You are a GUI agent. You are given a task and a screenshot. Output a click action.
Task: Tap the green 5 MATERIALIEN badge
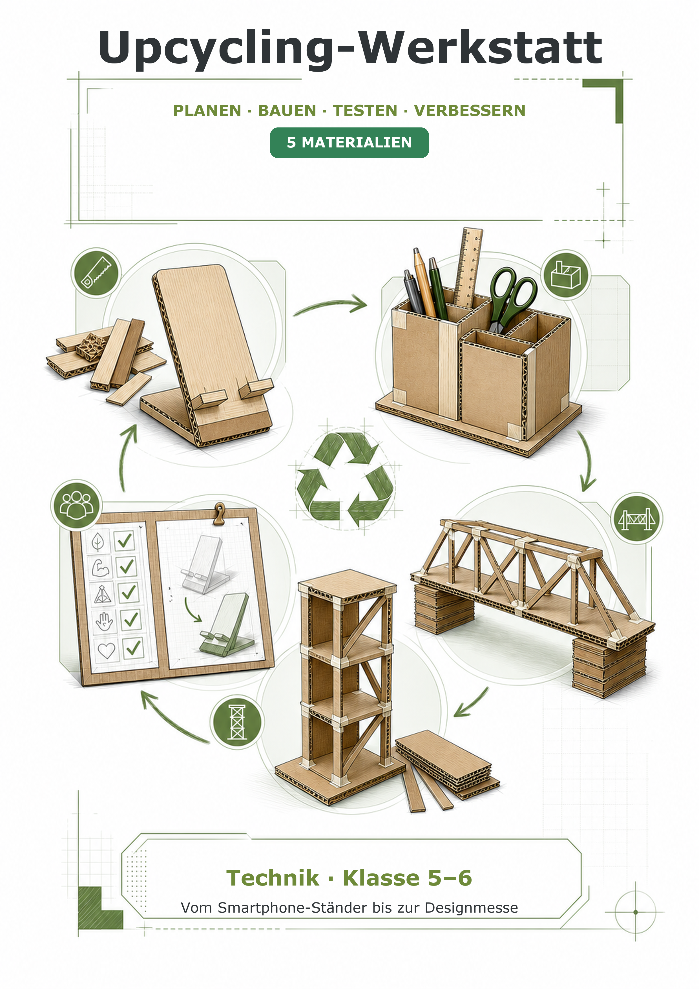349,143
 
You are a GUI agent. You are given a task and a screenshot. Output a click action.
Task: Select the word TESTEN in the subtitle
365,111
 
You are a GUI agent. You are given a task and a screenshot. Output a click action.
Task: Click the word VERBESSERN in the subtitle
470,111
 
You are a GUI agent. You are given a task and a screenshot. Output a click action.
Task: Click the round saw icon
96,273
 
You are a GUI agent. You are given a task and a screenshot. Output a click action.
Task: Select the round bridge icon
637,518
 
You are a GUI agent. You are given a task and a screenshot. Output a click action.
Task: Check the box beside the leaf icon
124,540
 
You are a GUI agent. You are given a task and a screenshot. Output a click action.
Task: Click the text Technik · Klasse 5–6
349,878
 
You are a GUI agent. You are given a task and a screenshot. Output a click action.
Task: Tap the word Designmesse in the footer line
471,908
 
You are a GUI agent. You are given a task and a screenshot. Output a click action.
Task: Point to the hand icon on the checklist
104,622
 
